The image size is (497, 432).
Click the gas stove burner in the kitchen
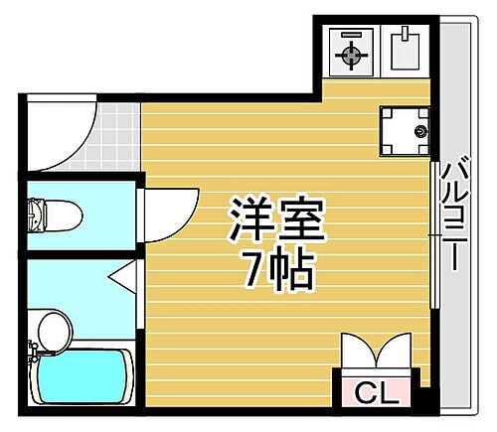351,54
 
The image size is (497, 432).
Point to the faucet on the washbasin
35,345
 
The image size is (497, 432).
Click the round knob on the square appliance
418,130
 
